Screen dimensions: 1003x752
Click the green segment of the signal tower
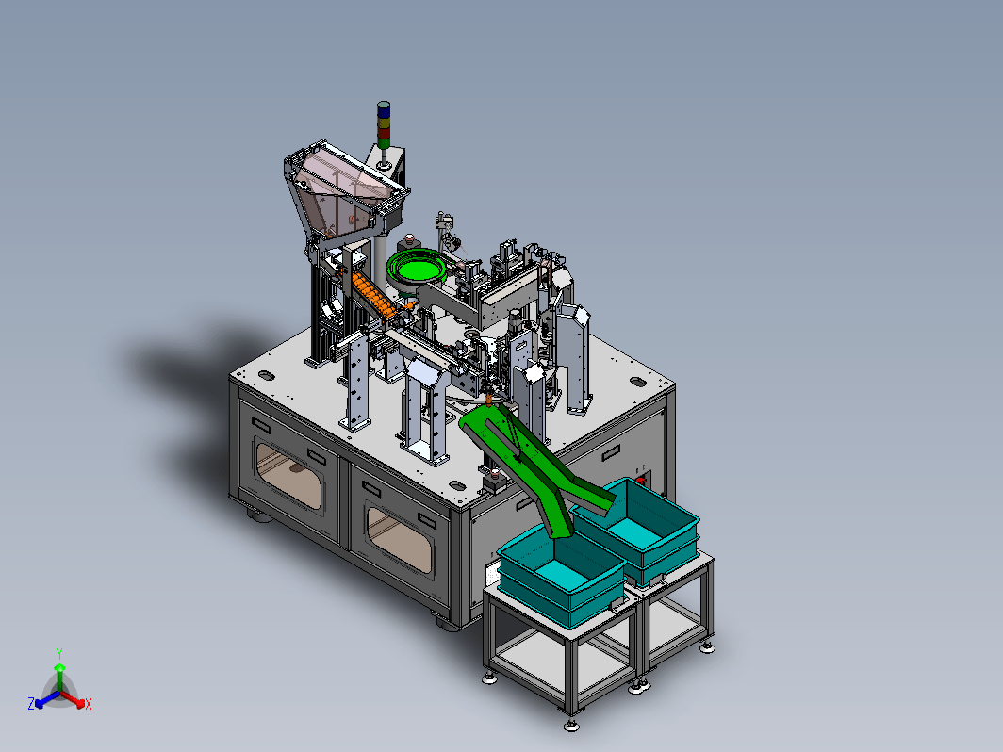(x=383, y=143)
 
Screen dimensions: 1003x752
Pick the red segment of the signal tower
(x=383, y=133)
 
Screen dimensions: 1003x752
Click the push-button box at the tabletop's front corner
(x=495, y=481)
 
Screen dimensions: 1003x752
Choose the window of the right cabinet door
(x=400, y=538)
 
